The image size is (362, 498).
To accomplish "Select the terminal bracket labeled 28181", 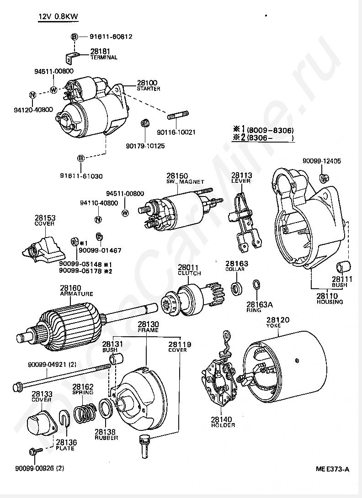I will pos(70,58).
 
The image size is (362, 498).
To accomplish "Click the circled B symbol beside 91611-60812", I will pos(74,36).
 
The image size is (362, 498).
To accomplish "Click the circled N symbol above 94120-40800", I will pos(32,95).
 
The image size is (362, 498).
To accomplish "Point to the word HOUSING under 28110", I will pos(330,302).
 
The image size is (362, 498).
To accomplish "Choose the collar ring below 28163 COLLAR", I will pos(237,288).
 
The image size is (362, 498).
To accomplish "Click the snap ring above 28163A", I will pos(256,285).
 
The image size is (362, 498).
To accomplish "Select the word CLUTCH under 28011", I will pos(189,273).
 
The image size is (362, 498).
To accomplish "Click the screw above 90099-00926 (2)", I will pos(35,451).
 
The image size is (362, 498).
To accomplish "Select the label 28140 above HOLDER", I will pos(222,419).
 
